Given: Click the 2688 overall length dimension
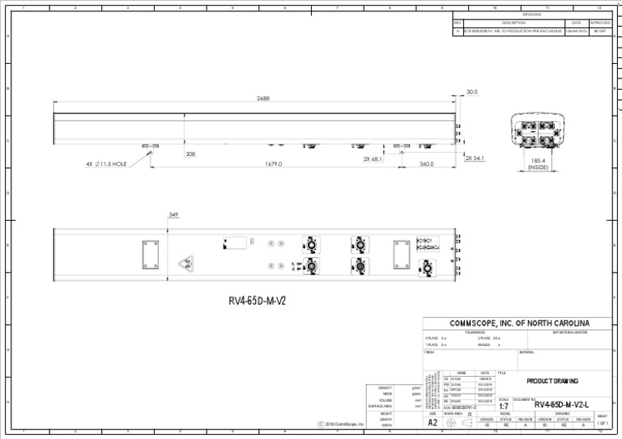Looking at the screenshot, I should coord(262,99).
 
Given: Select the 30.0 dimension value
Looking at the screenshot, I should coord(472,92).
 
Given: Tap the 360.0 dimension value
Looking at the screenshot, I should coord(428,164).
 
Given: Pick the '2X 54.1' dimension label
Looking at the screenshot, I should coord(475,158).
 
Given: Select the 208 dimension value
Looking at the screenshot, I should coord(190,154).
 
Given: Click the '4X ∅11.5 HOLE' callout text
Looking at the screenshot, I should coord(106,163).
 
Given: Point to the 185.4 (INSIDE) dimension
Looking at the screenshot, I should coord(538,164).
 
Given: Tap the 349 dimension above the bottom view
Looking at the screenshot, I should coord(173,215).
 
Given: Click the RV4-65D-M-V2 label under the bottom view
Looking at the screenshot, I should coord(257,302).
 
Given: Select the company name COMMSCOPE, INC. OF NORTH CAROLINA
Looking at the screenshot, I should coord(519,323).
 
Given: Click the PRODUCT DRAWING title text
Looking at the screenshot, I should coord(550,381).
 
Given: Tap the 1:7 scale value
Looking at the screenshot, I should coord(504,407).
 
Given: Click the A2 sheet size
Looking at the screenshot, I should coord(432,423).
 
